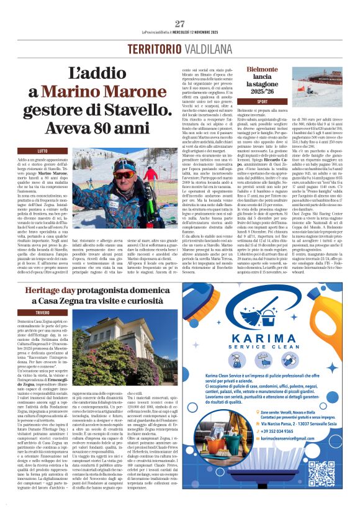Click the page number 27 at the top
tap(179, 24)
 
